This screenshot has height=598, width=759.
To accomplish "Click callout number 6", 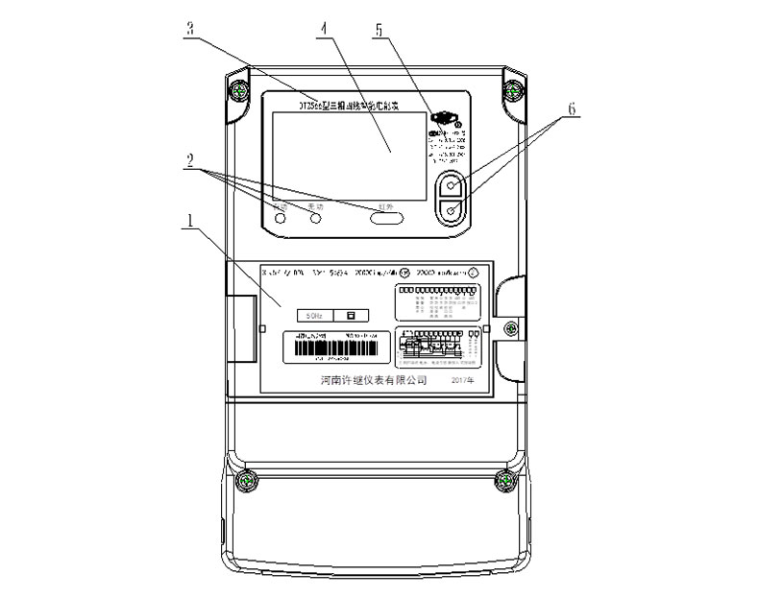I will (571, 109).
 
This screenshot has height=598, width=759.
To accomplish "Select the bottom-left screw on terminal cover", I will (249, 480).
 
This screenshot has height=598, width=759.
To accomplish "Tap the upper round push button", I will (453, 183).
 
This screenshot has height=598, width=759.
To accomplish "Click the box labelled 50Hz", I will (315, 315).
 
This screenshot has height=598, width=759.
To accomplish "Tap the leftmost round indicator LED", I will (281, 220).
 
